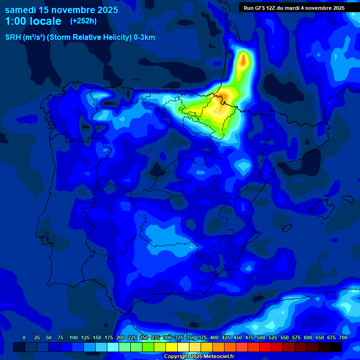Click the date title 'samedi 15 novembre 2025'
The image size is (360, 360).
pyautogui.click(x=61, y=10)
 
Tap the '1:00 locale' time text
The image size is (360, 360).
pyautogui.click(x=33, y=21)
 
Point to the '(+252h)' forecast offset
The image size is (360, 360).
pyautogui.click(x=83, y=21)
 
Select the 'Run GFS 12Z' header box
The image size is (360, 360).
pyautogui.click(x=294, y=8)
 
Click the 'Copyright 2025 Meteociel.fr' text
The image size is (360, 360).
pyautogui.click(x=199, y=356)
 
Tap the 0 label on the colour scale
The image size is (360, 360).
pyautogui.click(x=24, y=337)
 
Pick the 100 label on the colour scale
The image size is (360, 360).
pyautogui.click(x=74, y=337)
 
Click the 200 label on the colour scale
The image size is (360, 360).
pyautogui.click(x=120, y=337)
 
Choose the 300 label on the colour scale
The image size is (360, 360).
pyautogui.click(x=167, y=337)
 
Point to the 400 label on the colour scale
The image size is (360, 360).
pyautogui.click(x=214, y=337)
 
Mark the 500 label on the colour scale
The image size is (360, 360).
pyautogui.click(x=261, y=337)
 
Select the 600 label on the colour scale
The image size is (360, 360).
pyautogui.click(x=308, y=337)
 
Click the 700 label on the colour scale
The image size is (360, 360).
pyautogui.click(x=343, y=337)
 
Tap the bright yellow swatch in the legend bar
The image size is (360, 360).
pyautogui.click(x=172, y=347)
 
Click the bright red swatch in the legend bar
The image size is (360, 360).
pyautogui.click(x=265, y=347)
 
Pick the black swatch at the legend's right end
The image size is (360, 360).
pyautogui.click(x=336, y=347)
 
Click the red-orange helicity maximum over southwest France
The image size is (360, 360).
pyautogui.click(x=244, y=60)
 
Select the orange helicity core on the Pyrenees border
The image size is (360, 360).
pyautogui.click(x=225, y=96)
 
